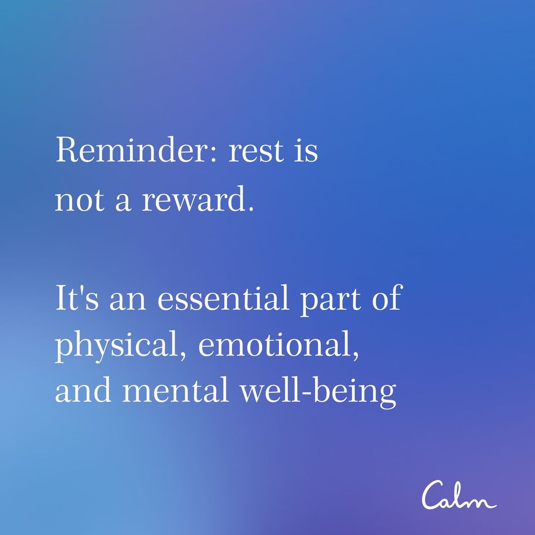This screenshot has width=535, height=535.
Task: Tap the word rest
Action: [x=256, y=151]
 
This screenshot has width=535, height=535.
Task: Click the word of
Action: [x=387, y=297]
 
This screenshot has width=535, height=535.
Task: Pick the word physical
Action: [x=117, y=345]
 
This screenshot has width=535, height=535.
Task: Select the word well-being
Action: [x=318, y=392]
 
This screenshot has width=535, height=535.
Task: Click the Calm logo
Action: [x=459, y=495]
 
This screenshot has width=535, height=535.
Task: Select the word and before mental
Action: [x=83, y=390]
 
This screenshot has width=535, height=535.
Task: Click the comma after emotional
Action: [x=355, y=355]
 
